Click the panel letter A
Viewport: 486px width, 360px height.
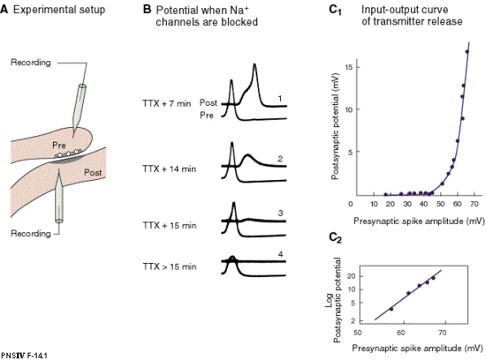tap(4, 9)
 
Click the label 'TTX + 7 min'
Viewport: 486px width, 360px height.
tap(167, 103)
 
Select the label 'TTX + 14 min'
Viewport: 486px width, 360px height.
tap(169, 169)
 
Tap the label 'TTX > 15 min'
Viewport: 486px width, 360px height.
tap(169, 266)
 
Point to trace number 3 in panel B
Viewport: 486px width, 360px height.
tap(281, 213)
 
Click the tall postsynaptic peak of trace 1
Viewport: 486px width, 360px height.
tap(255, 65)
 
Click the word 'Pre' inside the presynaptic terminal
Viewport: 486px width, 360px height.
tap(59, 145)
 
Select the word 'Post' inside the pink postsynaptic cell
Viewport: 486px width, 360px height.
tap(93, 173)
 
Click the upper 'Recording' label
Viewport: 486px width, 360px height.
tap(31, 63)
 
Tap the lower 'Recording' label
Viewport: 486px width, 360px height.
tap(31, 234)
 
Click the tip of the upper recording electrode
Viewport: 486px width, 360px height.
tap(73, 137)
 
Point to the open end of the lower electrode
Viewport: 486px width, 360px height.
tap(59, 221)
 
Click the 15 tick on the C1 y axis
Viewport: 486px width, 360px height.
tap(348, 67)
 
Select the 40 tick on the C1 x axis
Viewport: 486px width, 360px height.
tap(423, 204)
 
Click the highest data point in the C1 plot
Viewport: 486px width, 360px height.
tap(467, 51)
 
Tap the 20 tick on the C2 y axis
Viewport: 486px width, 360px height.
tap(351, 276)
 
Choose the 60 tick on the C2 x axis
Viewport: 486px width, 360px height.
tap(401, 332)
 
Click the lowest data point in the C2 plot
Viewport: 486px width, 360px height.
tap(391, 309)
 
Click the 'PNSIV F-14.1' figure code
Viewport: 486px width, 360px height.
tap(24, 356)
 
